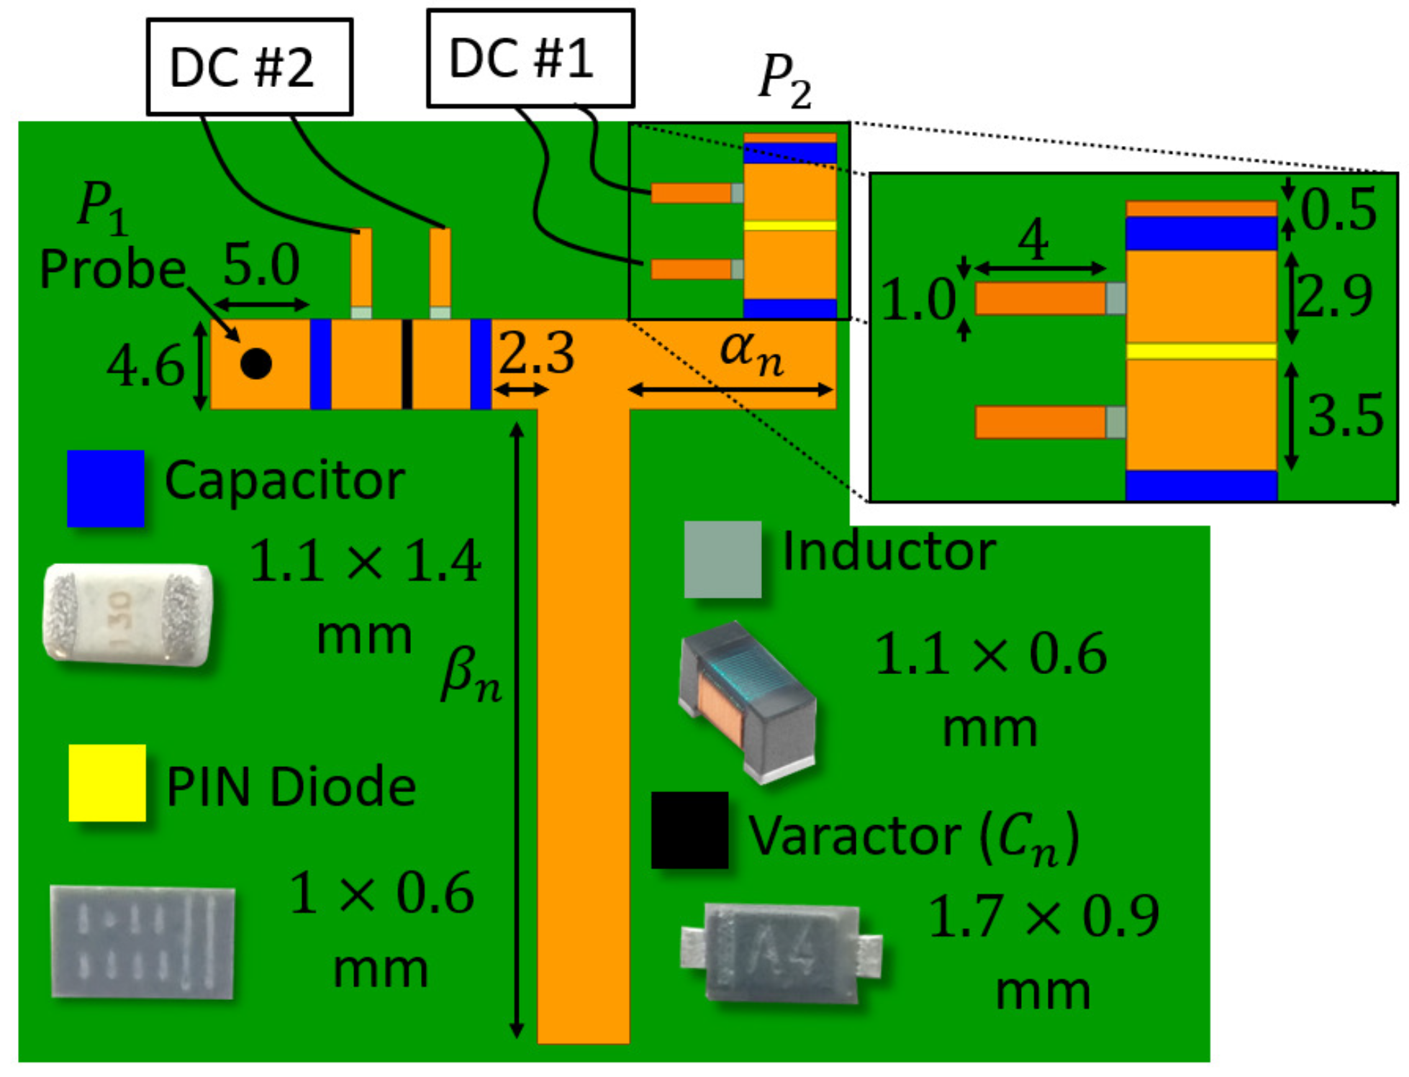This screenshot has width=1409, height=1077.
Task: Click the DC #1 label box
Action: click(x=530, y=58)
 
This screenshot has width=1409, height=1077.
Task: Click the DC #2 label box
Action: click(x=249, y=67)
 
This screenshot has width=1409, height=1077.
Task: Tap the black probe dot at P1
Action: click(x=256, y=363)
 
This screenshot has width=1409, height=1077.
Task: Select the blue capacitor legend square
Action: click(x=106, y=488)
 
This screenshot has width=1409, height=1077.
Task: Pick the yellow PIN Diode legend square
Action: click(x=107, y=783)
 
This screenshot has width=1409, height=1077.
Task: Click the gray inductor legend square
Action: click(x=722, y=559)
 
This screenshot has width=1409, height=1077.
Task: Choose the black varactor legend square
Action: click(x=689, y=830)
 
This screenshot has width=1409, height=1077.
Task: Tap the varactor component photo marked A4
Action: click(x=781, y=953)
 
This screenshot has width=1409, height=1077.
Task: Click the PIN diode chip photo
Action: click(x=143, y=942)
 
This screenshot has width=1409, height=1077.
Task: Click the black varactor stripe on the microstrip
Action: click(x=407, y=364)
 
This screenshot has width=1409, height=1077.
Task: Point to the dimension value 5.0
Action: click(x=261, y=265)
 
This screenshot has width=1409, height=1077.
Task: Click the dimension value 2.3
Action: click(x=537, y=353)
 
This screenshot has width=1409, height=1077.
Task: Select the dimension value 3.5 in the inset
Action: click(x=1345, y=416)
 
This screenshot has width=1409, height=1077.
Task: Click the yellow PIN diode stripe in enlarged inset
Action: click(x=1201, y=351)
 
